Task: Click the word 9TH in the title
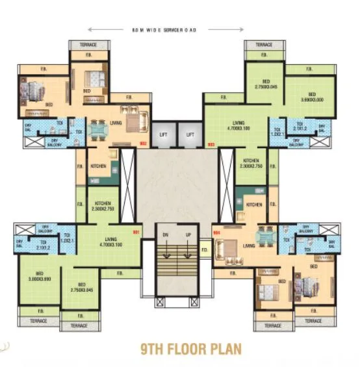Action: click(154, 349)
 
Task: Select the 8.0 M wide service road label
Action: click(166, 30)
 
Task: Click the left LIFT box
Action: click(164, 134)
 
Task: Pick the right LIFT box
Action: click(190, 134)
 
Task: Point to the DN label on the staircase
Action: click(165, 234)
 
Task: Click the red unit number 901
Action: click(136, 231)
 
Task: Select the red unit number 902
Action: click(144, 144)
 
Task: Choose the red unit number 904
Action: click(216, 231)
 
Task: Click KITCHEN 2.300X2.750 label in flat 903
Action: click(251, 164)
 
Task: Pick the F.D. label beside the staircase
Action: click(204, 249)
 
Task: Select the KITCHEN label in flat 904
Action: click(254, 205)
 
